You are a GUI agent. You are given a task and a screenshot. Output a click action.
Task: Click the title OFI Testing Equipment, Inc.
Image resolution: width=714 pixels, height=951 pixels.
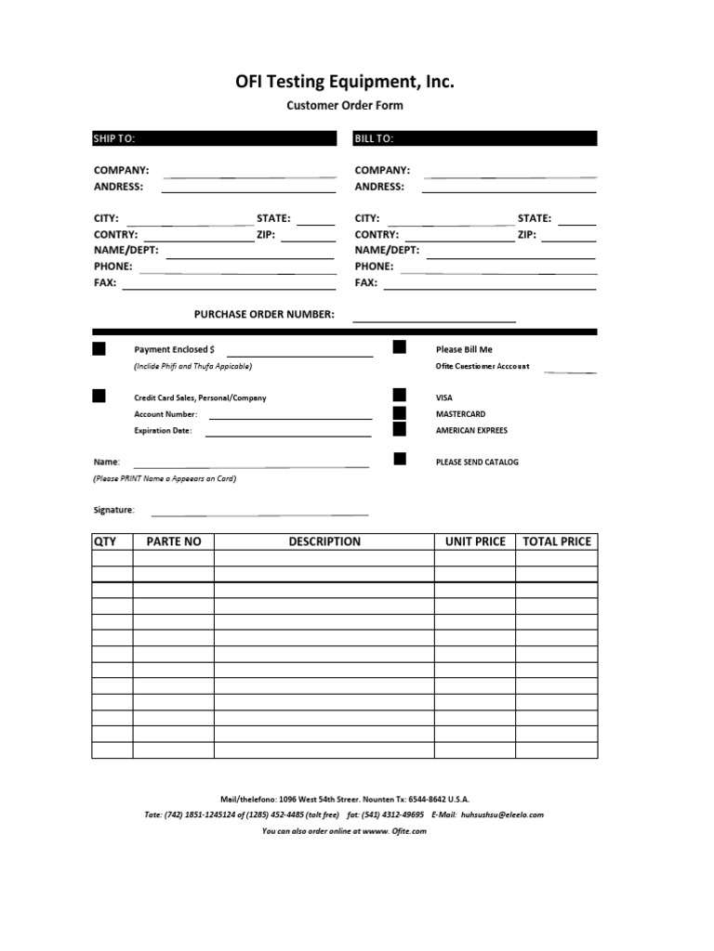[344, 83]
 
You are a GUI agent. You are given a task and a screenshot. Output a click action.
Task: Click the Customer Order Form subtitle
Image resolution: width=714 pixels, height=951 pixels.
[344, 106]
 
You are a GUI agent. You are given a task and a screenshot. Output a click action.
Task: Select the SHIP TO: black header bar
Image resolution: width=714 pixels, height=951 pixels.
[214, 138]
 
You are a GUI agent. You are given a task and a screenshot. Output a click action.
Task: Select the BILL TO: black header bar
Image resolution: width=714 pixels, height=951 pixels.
[475, 138]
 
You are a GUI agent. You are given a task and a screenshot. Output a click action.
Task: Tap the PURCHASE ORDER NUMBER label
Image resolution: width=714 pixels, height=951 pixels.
[264, 314]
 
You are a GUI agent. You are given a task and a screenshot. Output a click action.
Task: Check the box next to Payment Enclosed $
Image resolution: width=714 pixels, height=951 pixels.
[99, 349]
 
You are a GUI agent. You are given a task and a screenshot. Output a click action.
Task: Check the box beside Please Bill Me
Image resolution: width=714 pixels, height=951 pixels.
[400, 347]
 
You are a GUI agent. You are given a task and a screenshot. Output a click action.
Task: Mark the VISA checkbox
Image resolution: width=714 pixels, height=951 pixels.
[400, 396]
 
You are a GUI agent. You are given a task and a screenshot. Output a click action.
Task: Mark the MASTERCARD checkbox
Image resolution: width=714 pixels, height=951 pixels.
[400, 412]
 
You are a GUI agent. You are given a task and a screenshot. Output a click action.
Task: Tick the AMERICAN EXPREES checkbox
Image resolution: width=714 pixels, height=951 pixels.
[400, 429]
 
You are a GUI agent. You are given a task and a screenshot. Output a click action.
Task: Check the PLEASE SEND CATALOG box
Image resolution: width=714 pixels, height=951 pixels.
[400, 459]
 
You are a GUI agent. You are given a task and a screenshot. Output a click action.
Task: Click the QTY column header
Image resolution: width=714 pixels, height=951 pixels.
[104, 541]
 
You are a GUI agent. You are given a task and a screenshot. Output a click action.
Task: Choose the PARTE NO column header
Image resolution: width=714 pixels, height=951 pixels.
[174, 541]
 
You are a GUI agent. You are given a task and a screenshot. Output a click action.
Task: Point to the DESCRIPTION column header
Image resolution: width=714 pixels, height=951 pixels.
[324, 541]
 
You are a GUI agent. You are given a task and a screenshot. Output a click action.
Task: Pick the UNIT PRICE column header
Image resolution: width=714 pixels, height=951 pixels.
[475, 541]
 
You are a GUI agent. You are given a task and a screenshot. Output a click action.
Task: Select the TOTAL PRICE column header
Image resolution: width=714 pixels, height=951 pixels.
[557, 541]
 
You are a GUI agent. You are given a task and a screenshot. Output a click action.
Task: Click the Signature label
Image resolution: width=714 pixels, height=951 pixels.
[113, 510]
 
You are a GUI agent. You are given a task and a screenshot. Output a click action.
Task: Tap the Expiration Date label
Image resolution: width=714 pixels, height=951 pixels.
[163, 431]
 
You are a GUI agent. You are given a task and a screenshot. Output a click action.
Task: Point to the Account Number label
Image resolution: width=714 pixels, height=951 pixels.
[165, 414]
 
